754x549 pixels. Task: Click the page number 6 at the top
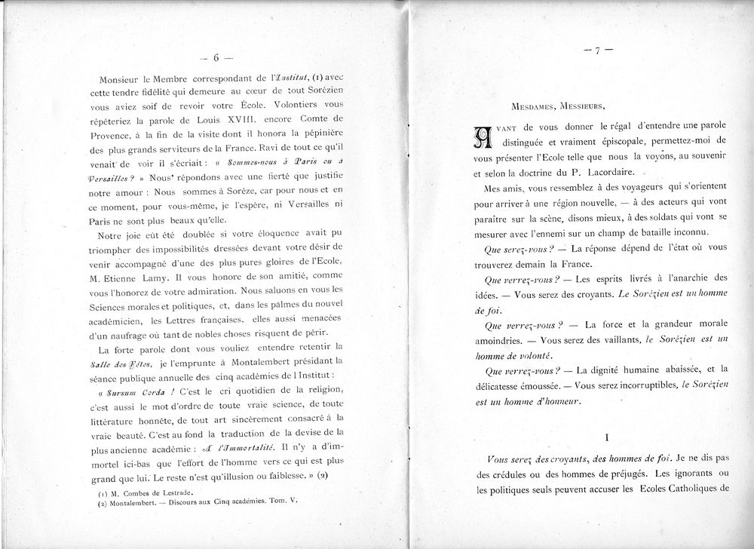216,57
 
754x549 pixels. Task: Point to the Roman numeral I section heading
606,436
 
